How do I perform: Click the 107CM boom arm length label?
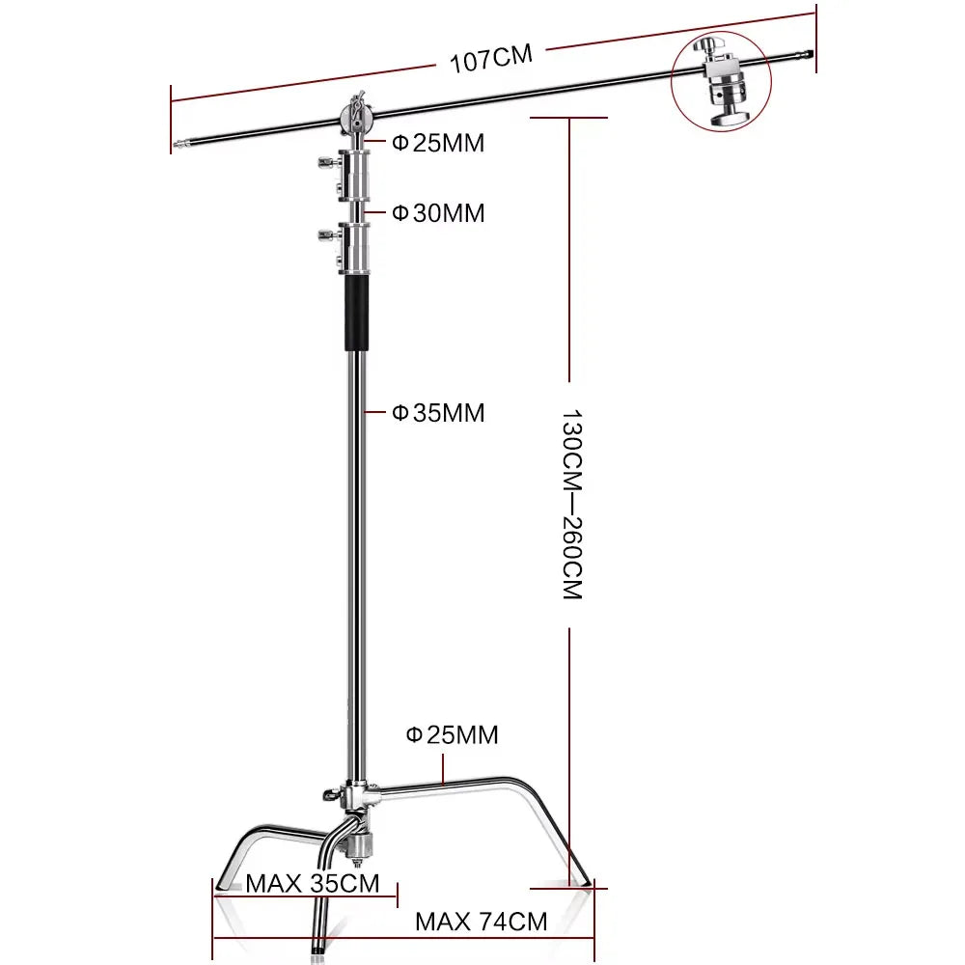[x=491, y=59]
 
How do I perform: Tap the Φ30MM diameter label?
[x=438, y=213]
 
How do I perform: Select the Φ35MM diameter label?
[x=438, y=413]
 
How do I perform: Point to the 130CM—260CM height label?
[x=571, y=504]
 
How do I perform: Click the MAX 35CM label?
[x=313, y=883]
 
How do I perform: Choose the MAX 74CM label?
[x=482, y=922]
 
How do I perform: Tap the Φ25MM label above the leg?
[x=452, y=734]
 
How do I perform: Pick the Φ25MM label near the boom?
[x=438, y=143]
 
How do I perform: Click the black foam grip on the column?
[x=357, y=313]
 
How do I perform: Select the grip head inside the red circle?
[x=721, y=82]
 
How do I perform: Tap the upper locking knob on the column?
[x=327, y=163]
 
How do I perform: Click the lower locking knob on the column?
[x=327, y=234]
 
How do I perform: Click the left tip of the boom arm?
[x=176, y=146]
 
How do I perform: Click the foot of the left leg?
[x=223, y=884]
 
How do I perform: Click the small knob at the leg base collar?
[x=330, y=794]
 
